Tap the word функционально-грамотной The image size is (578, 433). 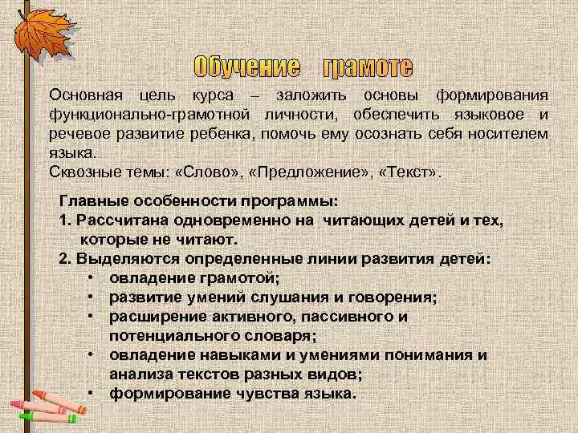(147, 115)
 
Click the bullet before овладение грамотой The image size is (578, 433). (93, 278)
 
